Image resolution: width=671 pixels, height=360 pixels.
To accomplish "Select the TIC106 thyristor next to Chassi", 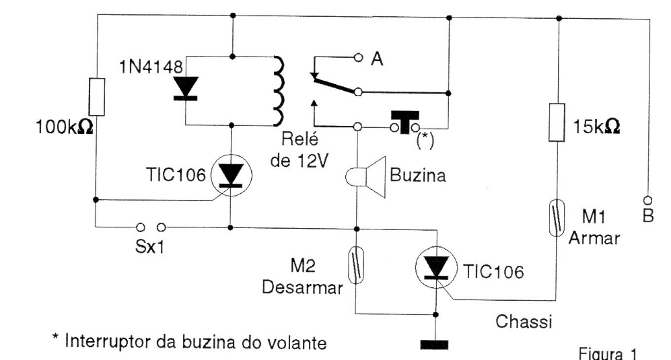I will (437, 268).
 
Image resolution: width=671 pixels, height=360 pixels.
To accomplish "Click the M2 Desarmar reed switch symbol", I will (357, 262).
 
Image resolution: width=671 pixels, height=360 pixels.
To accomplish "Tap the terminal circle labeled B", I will (648, 201).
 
